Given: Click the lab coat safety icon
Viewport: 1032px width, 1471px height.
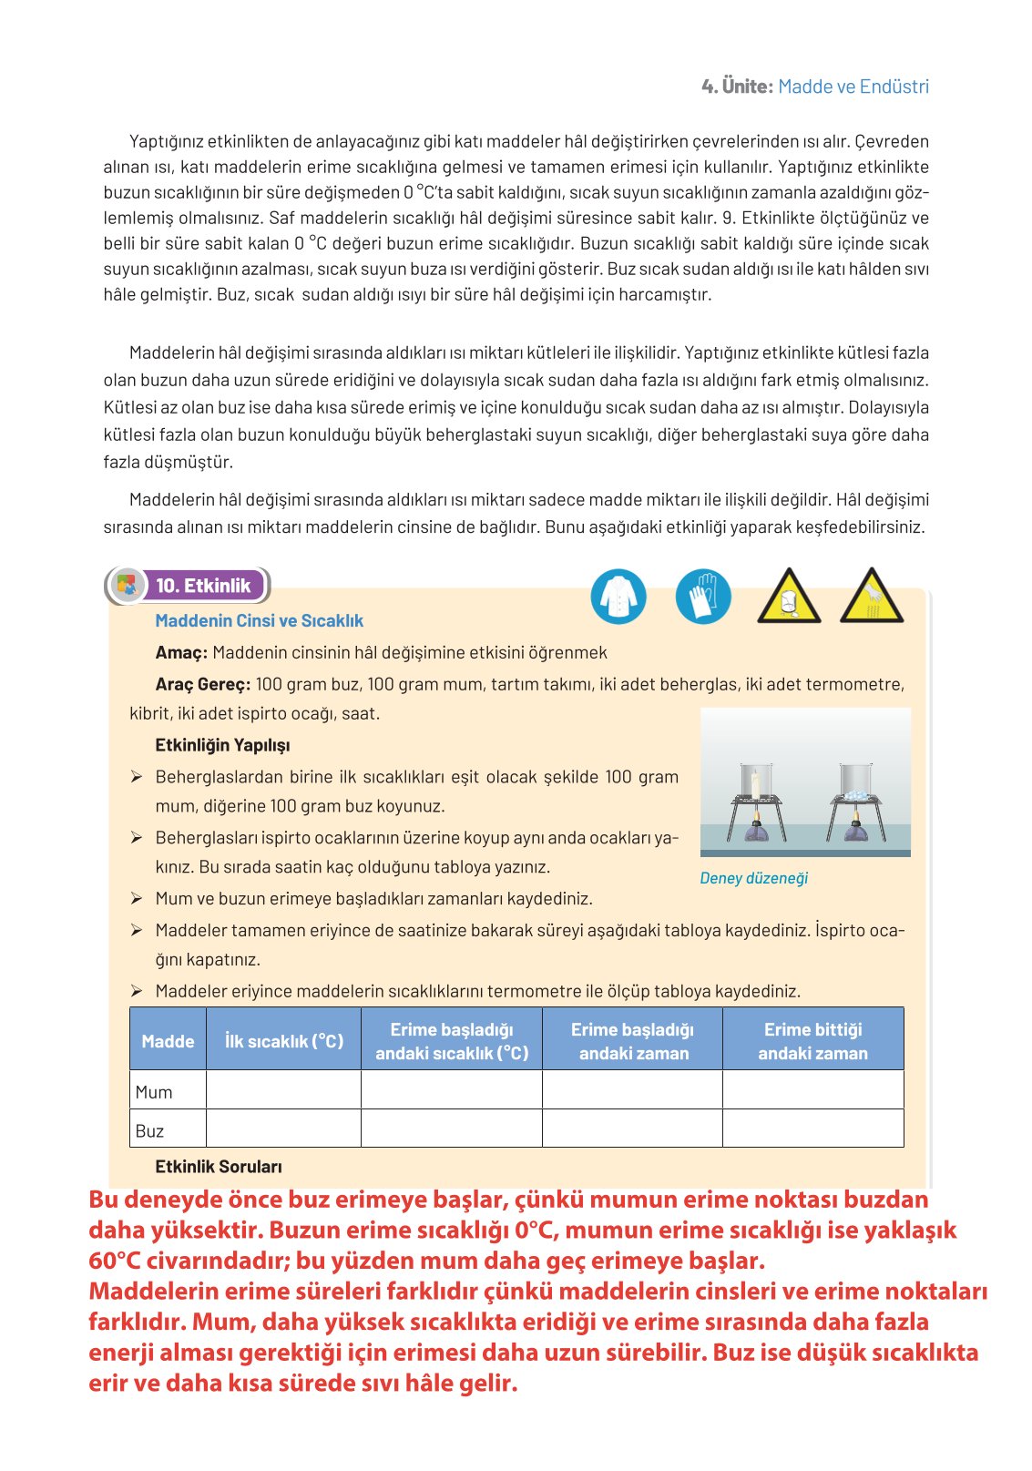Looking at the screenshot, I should (x=618, y=597).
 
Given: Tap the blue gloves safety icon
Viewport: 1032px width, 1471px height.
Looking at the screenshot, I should (x=703, y=597).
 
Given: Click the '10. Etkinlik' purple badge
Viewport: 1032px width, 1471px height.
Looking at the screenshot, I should (x=202, y=586).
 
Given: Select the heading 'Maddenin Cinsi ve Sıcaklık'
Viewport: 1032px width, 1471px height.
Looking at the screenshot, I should (x=259, y=620).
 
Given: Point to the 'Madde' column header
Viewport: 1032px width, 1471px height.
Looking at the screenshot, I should (x=168, y=1041).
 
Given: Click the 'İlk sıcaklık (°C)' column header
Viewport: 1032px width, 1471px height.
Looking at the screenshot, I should (x=284, y=1041).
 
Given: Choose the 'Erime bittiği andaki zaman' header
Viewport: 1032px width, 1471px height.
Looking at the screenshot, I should (x=812, y=1041).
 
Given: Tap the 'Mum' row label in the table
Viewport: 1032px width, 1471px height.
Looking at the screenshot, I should (x=154, y=1092).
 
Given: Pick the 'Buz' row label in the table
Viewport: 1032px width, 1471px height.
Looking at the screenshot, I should (x=149, y=1130).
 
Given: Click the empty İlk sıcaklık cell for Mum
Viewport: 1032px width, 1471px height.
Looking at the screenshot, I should (x=284, y=1090).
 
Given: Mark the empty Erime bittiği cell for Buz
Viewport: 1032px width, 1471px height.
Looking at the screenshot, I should (x=812, y=1129).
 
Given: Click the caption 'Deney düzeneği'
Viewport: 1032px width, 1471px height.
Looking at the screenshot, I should (x=753, y=878).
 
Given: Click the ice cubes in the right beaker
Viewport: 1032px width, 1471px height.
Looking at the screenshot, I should (x=855, y=794).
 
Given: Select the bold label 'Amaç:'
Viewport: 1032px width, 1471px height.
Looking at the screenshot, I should (x=181, y=652).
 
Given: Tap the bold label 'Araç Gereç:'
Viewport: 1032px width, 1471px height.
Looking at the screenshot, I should (x=202, y=684).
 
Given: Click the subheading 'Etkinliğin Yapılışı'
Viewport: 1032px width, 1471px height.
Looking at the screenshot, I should (x=222, y=745).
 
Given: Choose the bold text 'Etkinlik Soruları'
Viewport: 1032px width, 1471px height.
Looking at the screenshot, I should (x=219, y=1166).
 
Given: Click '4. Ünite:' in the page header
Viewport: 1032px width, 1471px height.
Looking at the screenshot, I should (x=737, y=87).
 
